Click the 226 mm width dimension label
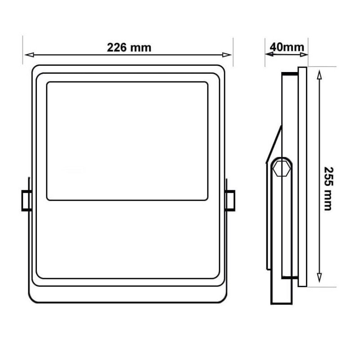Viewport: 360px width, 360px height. click(x=129, y=48)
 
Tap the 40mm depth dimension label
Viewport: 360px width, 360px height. click(x=287, y=47)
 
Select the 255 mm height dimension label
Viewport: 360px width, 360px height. click(x=328, y=189)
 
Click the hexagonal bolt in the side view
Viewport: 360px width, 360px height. click(x=282, y=168)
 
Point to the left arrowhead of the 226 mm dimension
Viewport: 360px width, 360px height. click(x=29, y=54)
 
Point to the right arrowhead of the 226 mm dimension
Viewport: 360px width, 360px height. click(x=227, y=54)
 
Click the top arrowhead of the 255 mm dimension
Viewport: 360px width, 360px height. click(x=319, y=75)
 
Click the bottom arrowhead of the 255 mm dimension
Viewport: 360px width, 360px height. click(x=319, y=278)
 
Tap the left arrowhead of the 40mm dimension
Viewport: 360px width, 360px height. click(x=269, y=54)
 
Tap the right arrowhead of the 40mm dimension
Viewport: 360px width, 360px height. click(x=304, y=54)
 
